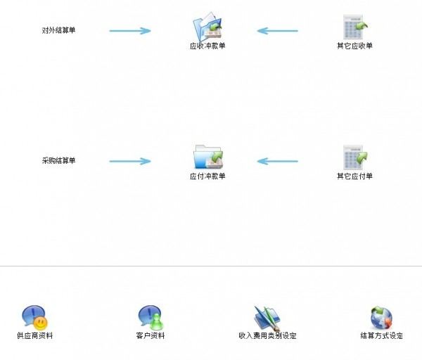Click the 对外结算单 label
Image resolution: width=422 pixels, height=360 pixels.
pos(58,30)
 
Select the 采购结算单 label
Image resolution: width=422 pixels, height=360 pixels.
pos(58,161)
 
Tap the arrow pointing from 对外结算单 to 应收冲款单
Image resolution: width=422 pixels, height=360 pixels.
pos(130,30)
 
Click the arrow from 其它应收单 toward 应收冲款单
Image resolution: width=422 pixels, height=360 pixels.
pos(277,30)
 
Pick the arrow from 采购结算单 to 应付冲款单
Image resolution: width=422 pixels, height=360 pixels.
pos(130,161)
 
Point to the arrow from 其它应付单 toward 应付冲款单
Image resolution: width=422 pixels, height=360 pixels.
pos(277,161)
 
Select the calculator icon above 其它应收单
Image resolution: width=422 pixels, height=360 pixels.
pos(354,27)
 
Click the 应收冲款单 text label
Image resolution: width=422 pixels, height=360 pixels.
pos(207,46)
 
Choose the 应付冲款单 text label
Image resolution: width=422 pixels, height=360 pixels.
pos(207,176)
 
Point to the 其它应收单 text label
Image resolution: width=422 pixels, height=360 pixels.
pos(354,46)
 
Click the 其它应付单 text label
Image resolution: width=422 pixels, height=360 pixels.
pos(354,176)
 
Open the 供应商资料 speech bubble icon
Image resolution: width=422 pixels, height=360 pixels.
pos(34,318)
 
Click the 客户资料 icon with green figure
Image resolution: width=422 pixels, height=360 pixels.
pos(150,318)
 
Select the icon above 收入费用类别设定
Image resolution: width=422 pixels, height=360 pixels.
pos(267,318)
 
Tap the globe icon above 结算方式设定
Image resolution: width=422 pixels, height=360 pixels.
pos(381,318)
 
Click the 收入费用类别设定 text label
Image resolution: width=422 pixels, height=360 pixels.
pos(267,336)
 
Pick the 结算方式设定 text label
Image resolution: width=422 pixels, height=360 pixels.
pos(381,336)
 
